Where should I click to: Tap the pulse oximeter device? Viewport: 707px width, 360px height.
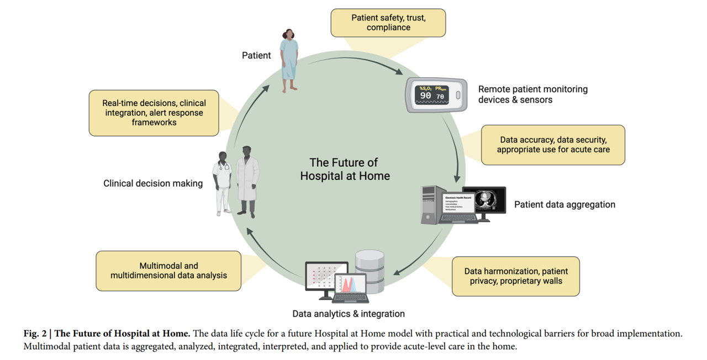pyautogui.click(x=436, y=95)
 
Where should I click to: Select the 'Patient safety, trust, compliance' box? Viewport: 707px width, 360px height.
pyautogui.click(x=388, y=23)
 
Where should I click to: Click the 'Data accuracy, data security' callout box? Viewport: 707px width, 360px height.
pyautogui.click(x=553, y=145)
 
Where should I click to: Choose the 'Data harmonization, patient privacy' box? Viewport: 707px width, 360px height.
pyautogui.click(x=516, y=276)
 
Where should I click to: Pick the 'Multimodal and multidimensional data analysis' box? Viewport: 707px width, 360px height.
pyautogui.click(x=168, y=271)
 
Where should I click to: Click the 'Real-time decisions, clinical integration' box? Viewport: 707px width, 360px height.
pyautogui.click(x=154, y=113)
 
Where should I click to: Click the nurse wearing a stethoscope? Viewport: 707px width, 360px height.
pyautogui.click(x=223, y=183)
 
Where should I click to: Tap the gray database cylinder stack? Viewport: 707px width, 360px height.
pyautogui.click(x=370, y=271)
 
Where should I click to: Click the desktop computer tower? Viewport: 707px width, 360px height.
pyautogui.click(x=431, y=204)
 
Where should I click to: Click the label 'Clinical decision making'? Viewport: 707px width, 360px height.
pyautogui.click(x=153, y=183)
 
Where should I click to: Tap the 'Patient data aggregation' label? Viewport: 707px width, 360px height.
pyautogui.click(x=564, y=204)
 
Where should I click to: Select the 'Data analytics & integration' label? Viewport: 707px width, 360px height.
pyautogui.click(x=349, y=314)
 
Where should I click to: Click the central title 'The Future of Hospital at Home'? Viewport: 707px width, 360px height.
pyautogui.click(x=345, y=169)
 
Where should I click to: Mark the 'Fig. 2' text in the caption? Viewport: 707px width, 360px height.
pyautogui.click(x=36, y=333)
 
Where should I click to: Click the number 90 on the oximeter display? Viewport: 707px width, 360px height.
pyautogui.click(x=425, y=96)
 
